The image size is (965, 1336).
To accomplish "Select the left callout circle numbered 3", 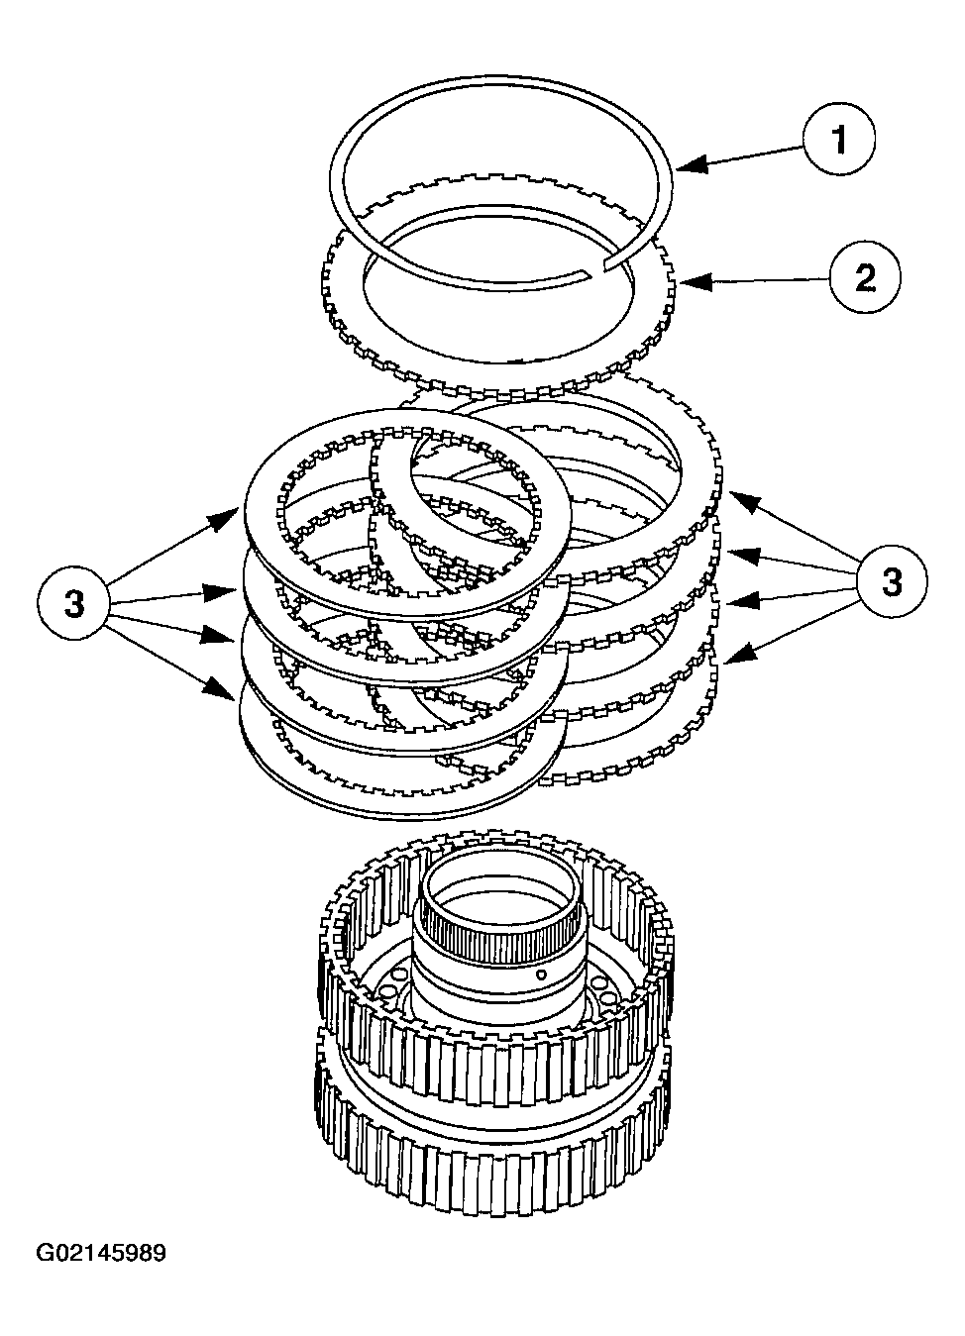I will [74, 603].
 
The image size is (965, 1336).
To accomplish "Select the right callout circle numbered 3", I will [892, 581].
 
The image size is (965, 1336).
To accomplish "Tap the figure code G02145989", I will [101, 1254].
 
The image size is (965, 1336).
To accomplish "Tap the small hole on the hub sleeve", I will [542, 974].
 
